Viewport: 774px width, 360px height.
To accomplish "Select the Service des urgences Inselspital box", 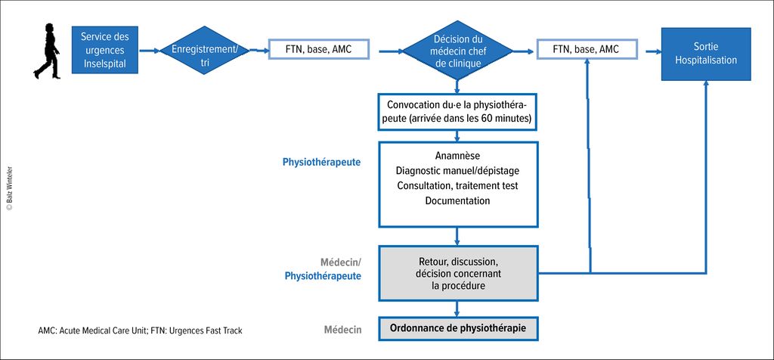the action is point(104,50).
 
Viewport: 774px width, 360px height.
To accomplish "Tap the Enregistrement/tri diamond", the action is point(204,50).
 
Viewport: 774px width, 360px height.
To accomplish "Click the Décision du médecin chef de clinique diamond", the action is point(457,51).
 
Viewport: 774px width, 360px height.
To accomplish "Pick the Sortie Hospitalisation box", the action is point(706,54).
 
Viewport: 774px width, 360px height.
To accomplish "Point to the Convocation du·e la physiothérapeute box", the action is point(457,112).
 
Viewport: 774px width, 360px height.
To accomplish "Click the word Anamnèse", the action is point(457,156).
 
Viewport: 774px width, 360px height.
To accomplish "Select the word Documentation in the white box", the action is point(457,201).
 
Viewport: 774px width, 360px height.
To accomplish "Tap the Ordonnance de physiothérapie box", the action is point(457,328).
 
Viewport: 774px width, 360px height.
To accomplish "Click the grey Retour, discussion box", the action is point(457,272).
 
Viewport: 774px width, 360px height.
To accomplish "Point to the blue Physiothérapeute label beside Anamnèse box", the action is point(321,162).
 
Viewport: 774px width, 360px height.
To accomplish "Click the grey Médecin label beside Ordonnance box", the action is point(342,330).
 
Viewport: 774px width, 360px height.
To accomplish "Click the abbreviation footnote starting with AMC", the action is point(140,331).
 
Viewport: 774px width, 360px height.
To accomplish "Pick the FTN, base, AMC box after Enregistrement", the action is point(319,49).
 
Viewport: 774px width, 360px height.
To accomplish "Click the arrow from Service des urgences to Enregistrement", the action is point(149,51).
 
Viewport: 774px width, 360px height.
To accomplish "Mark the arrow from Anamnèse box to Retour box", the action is point(457,237).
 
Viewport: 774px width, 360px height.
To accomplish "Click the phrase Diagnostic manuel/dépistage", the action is point(457,171).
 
